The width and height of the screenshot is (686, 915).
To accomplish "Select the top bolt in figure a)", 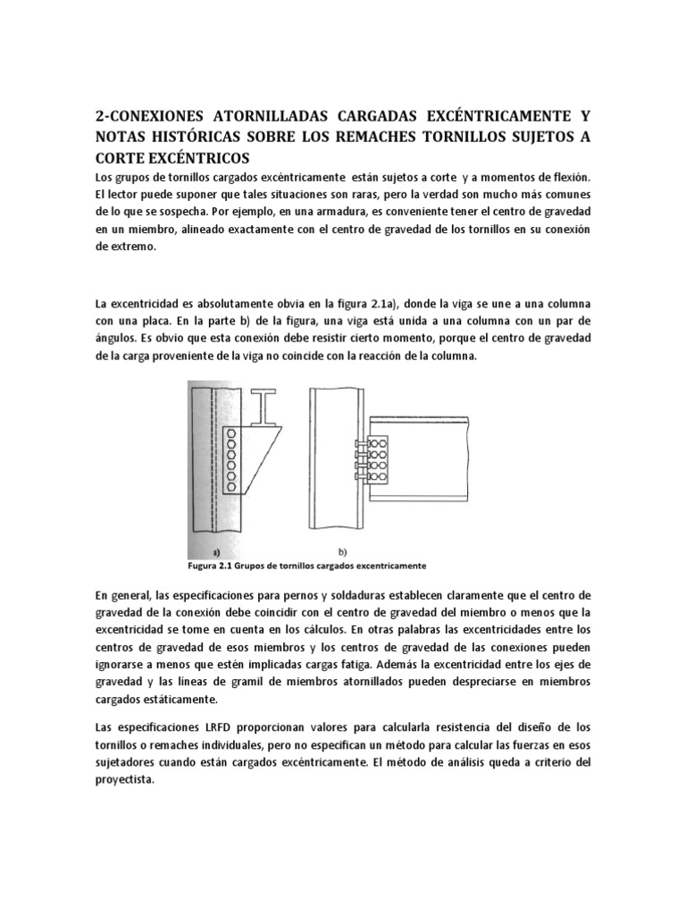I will (232, 435).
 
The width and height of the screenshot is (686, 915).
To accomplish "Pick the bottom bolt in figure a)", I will (232, 486).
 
